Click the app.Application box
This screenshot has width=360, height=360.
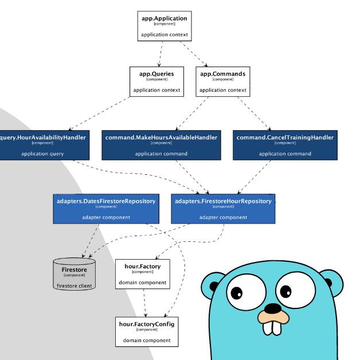coord(165,26)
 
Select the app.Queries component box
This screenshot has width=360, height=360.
coord(156,81)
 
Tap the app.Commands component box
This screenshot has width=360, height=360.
coord(222,81)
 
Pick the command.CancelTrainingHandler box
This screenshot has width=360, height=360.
coord(284,145)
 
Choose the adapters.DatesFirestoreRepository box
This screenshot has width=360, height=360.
coord(106,209)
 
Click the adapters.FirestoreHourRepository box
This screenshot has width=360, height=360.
coord(223,209)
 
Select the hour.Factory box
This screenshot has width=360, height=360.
coord(142,274)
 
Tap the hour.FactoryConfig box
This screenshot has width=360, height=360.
coord(146,331)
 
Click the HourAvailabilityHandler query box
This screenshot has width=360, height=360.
coord(43,145)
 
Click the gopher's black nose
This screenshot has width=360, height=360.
coord(273,308)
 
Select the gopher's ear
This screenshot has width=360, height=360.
coord(214,285)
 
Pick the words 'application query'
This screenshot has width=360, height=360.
coord(42,154)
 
